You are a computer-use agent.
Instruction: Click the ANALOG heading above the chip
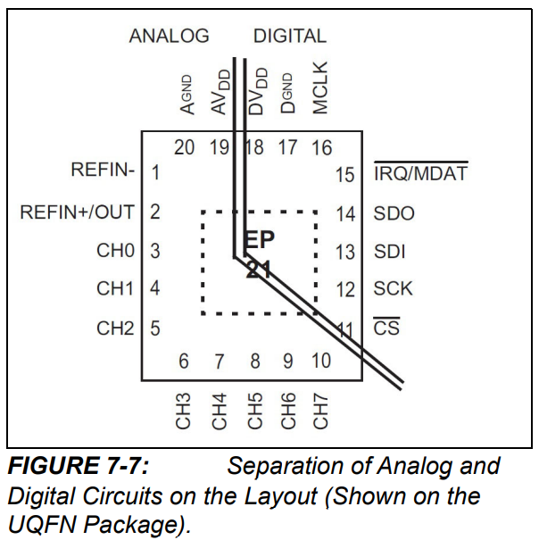(170, 37)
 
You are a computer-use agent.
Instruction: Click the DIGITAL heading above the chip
(290, 37)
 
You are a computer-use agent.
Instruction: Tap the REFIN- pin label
(103, 170)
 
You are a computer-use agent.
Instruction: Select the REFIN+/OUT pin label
(77, 212)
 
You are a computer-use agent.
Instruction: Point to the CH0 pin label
(115, 251)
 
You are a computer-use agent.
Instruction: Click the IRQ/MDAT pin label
(420, 173)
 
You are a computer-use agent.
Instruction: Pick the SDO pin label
(394, 214)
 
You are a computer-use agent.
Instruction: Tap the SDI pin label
(389, 252)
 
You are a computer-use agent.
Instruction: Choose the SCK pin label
(394, 289)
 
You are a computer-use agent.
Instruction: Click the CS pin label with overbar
(385, 328)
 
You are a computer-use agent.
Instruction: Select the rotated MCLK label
(321, 87)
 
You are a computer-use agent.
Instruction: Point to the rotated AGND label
(187, 95)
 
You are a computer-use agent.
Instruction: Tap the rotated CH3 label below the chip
(184, 410)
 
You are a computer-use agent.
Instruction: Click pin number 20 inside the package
(184, 147)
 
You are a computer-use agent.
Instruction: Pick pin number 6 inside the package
(184, 361)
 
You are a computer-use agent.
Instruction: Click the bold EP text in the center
(260, 240)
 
